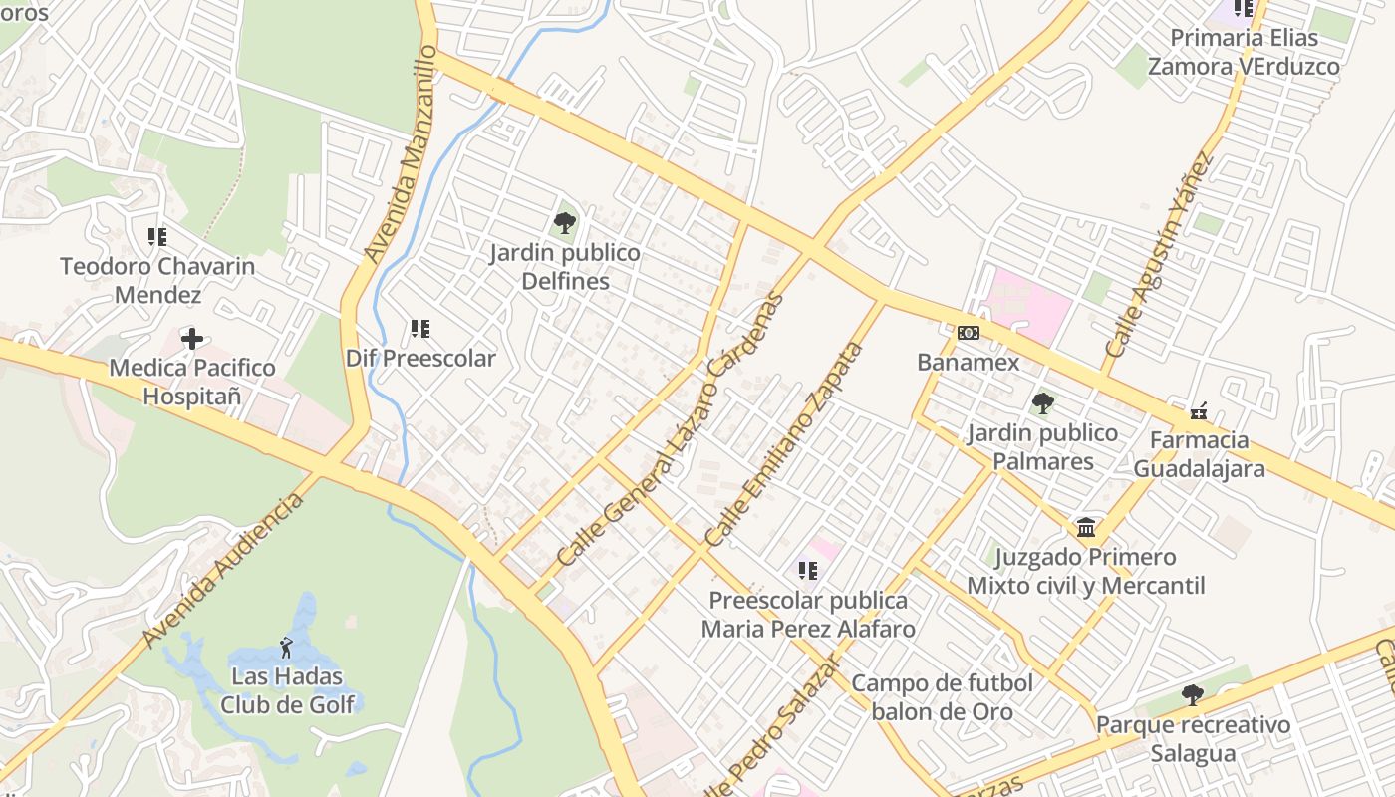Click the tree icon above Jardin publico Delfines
coord(565,222)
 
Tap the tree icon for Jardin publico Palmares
coord(1043,403)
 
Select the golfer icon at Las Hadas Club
coord(287,648)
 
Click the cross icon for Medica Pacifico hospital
coord(192,339)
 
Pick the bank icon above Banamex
coord(969,333)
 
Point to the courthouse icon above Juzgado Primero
coord(1086,527)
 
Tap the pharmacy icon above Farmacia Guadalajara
coord(1199,410)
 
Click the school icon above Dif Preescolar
coord(420,328)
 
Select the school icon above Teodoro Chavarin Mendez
coord(157,237)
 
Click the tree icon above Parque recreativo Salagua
coord(1192,695)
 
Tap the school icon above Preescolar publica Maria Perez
coord(808,571)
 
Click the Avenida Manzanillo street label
coord(401,153)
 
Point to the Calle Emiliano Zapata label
coord(783,444)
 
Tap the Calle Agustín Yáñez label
coord(1160,255)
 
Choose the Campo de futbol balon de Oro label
coord(942,697)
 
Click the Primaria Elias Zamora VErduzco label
coord(1244,52)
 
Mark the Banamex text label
coord(969,362)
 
